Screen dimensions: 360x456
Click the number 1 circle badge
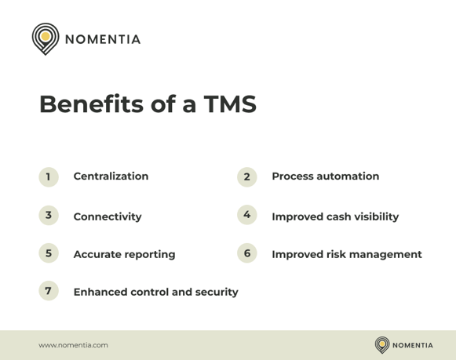pyautogui.click(x=49, y=176)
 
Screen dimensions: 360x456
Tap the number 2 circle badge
pyautogui.click(x=246, y=176)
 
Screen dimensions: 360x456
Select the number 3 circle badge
pyautogui.click(x=49, y=215)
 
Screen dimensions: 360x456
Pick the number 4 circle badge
pyautogui.click(x=246, y=215)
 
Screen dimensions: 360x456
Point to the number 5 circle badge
pyautogui.click(x=49, y=253)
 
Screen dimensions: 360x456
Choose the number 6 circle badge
pyautogui.click(x=246, y=253)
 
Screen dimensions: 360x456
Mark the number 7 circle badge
pyautogui.click(x=49, y=291)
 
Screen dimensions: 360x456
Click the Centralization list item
pyautogui.click(x=111, y=176)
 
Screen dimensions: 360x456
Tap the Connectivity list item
pyautogui.click(x=108, y=216)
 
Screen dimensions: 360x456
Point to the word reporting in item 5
pyautogui.click(x=149, y=254)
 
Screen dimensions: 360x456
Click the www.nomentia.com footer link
pyautogui.click(x=74, y=344)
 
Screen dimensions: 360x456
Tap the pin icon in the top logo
pyautogui.click(x=46, y=38)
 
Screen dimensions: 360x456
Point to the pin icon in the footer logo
pyautogui.click(x=382, y=344)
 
